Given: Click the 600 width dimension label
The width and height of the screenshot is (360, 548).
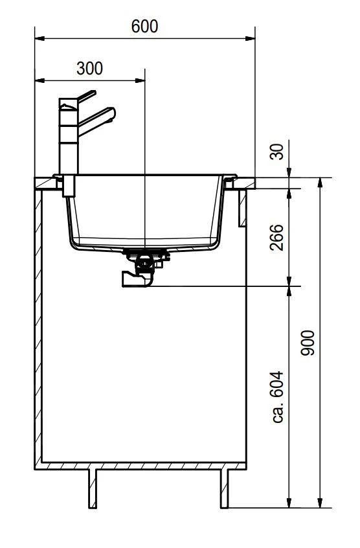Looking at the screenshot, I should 144,27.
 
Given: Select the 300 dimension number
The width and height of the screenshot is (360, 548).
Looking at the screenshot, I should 89,69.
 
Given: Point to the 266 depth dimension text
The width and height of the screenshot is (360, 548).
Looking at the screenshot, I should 276,238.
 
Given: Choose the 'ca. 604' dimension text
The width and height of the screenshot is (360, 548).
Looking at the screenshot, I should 278,396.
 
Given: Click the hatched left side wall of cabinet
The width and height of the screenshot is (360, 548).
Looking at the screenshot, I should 38,324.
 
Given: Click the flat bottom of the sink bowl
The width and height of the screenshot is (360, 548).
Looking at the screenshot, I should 146,245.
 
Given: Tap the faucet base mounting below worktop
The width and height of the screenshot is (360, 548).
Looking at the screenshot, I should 68,187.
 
